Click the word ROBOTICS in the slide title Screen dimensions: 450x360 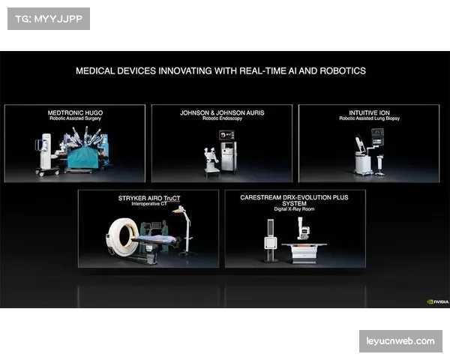pos(343,71)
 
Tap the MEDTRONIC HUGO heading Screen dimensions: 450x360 pos(75,112)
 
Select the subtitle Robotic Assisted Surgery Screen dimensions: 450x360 pos(75,118)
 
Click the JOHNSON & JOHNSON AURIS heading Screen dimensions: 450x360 pos(222,112)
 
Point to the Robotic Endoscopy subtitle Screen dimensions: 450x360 pos(222,118)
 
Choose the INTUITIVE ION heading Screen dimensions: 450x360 pos(369,112)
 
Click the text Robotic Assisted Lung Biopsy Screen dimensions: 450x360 pos(369,118)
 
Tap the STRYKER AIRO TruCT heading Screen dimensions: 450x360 pos(149,198)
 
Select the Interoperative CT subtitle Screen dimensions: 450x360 pos(149,204)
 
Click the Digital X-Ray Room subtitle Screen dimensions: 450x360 pos(294,209)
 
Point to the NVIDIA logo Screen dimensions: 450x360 pos(438,301)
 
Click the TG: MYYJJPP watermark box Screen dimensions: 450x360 pos(49,19)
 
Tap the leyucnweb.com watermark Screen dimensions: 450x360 pos(400,341)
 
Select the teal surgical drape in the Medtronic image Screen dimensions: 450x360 pos(83,158)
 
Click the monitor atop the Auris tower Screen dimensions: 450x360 pos(226,135)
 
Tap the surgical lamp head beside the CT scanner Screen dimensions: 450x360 pos(178,210)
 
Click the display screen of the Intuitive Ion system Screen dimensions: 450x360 pos(377,137)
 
